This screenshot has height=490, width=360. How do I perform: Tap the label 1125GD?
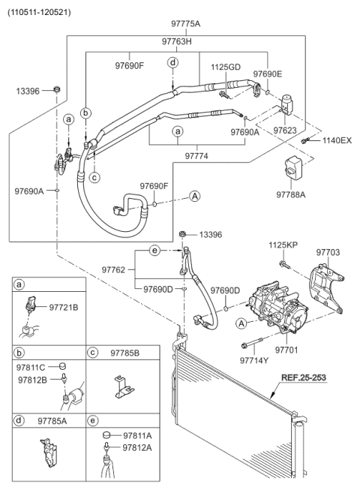click(x=225, y=68)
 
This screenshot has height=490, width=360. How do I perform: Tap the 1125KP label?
click(x=284, y=245)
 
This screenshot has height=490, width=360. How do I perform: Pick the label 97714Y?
click(x=253, y=360)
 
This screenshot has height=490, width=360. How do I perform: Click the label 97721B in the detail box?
click(x=64, y=308)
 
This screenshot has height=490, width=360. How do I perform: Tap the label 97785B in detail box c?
click(x=125, y=352)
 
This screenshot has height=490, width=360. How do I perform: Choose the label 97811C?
click(x=31, y=368)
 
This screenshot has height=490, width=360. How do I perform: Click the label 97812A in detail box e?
click(x=137, y=447)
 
